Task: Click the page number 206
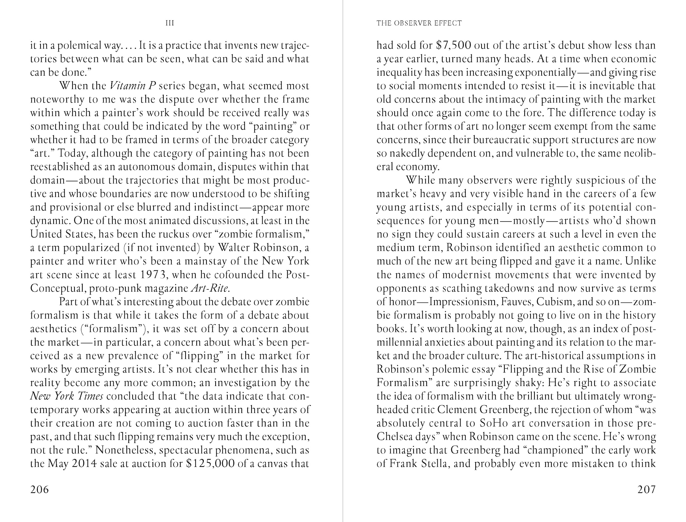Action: [39, 489]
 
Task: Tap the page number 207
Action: [646, 489]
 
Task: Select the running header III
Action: [170, 23]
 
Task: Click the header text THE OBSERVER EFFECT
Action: [419, 23]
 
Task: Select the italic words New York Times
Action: [67, 396]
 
